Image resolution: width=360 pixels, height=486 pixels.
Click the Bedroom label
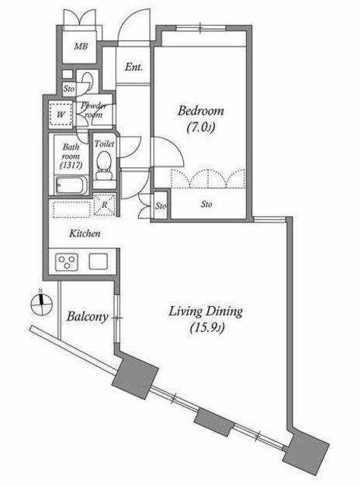(201, 111)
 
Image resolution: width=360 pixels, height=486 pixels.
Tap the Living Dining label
(205, 311)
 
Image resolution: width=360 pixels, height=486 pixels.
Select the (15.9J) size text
(207, 327)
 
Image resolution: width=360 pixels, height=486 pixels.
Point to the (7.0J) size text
(201, 127)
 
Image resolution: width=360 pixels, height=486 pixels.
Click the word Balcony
(87, 317)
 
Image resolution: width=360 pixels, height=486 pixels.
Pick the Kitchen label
(84, 233)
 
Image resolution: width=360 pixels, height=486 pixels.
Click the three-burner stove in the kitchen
(67, 262)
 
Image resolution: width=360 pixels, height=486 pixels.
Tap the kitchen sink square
(99, 261)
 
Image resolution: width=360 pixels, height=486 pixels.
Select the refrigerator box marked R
(105, 204)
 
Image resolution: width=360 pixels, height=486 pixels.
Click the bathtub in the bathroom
(70, 185)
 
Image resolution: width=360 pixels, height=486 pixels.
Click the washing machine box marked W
(61, 115)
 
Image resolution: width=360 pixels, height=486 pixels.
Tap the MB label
(81, 46)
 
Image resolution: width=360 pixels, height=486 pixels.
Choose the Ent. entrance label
(134, 67)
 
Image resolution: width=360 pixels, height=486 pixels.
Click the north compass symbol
(41, 304)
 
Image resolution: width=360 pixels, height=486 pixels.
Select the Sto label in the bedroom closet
(207, 204)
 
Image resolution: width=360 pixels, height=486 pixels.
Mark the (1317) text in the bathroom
(71, 166)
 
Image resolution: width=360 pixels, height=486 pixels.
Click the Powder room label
(93, 110)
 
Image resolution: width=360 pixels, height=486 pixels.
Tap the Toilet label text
(104, 144)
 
